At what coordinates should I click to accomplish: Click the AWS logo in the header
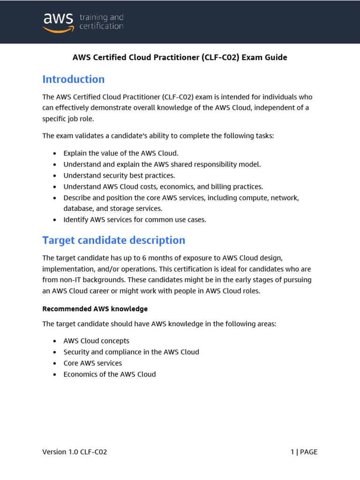click(x=58, y=22)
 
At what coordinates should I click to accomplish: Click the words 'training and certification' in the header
click(x=101, y=22)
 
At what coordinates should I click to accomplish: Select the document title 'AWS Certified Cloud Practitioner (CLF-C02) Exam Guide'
click(x=180, y=58)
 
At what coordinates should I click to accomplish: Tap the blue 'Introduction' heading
click(x=74, y=79)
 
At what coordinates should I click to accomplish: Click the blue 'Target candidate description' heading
click(x=114, y=240)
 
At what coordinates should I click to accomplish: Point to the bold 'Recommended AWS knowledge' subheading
click(x=95, y=309)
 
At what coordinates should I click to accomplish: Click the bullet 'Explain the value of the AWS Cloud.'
click(x=121, y=153)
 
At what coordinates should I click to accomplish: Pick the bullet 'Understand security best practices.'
click(x=119, y=175)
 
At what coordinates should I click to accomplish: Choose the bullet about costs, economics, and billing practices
click(x=163, y=187)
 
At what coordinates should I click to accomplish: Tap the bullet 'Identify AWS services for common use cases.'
click(x=135, y=219)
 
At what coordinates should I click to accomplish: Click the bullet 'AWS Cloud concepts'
click(x=96, y=341)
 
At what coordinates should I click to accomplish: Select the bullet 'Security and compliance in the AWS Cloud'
click(x=131, y=352)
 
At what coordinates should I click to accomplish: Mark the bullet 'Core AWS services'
click(x=92, y=363)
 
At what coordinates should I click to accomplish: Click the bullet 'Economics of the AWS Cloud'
click(x=110, y=374)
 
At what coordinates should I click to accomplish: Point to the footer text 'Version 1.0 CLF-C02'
click(x=75, y=452)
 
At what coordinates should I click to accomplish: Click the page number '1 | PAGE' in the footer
click(x=304, y=452)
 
